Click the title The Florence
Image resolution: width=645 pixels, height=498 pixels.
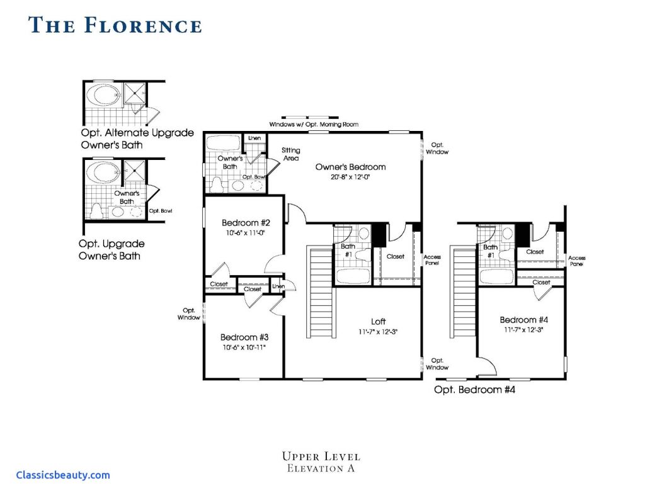115,25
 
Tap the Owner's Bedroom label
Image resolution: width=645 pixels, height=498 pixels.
350,167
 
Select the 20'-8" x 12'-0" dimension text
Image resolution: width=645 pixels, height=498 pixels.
350,178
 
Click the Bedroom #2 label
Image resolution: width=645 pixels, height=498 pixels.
246,223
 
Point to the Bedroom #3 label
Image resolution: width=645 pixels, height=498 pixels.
244,337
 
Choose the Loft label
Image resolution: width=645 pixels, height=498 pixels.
379,322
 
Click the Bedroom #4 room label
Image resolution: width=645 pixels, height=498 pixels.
524,320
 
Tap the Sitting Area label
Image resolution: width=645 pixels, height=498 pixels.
291,154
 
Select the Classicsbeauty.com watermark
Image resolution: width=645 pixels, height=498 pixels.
63,475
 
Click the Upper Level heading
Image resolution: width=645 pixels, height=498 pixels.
321,456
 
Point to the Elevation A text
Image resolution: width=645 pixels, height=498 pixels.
321,468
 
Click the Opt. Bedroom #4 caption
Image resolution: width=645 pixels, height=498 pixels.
475,390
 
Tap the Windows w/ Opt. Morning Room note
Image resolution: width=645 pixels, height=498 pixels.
314,124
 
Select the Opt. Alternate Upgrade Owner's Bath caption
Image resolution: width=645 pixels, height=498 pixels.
137,139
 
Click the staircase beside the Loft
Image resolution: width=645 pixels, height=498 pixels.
321,291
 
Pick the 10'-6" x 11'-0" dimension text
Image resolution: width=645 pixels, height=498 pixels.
246,233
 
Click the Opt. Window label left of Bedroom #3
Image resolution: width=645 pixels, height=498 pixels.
189,314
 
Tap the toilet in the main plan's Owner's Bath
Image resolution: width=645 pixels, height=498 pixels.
217,185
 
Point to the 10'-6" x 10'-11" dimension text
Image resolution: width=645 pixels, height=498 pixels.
244,348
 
